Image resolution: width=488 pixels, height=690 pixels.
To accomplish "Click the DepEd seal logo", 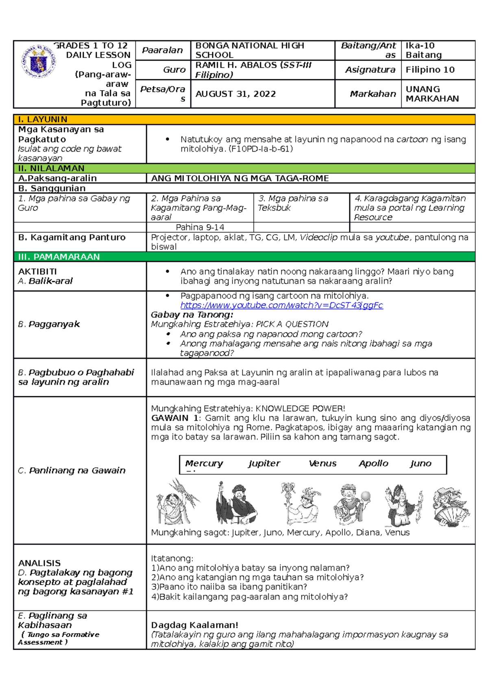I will point(39,61).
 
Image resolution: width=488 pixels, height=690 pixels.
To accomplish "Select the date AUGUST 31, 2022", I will point(235,94).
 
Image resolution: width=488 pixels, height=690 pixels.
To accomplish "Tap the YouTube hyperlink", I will point(281,305).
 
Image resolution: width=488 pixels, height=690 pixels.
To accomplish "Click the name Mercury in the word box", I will point(204,463).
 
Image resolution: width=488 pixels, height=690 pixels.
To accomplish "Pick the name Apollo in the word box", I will point(373,463).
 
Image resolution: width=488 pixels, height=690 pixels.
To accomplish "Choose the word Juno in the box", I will point(420,463).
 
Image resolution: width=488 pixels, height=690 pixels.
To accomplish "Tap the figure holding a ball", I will point(352,504).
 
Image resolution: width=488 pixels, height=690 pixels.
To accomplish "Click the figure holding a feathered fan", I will point(450,506).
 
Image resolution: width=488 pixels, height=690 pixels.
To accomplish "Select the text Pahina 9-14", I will point(200,227).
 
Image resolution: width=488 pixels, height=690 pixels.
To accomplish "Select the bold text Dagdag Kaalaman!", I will point(194,625).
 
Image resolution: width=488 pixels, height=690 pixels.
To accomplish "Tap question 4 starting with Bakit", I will point(249,597).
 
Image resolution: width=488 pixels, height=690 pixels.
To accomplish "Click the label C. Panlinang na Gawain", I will point(72,470).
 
